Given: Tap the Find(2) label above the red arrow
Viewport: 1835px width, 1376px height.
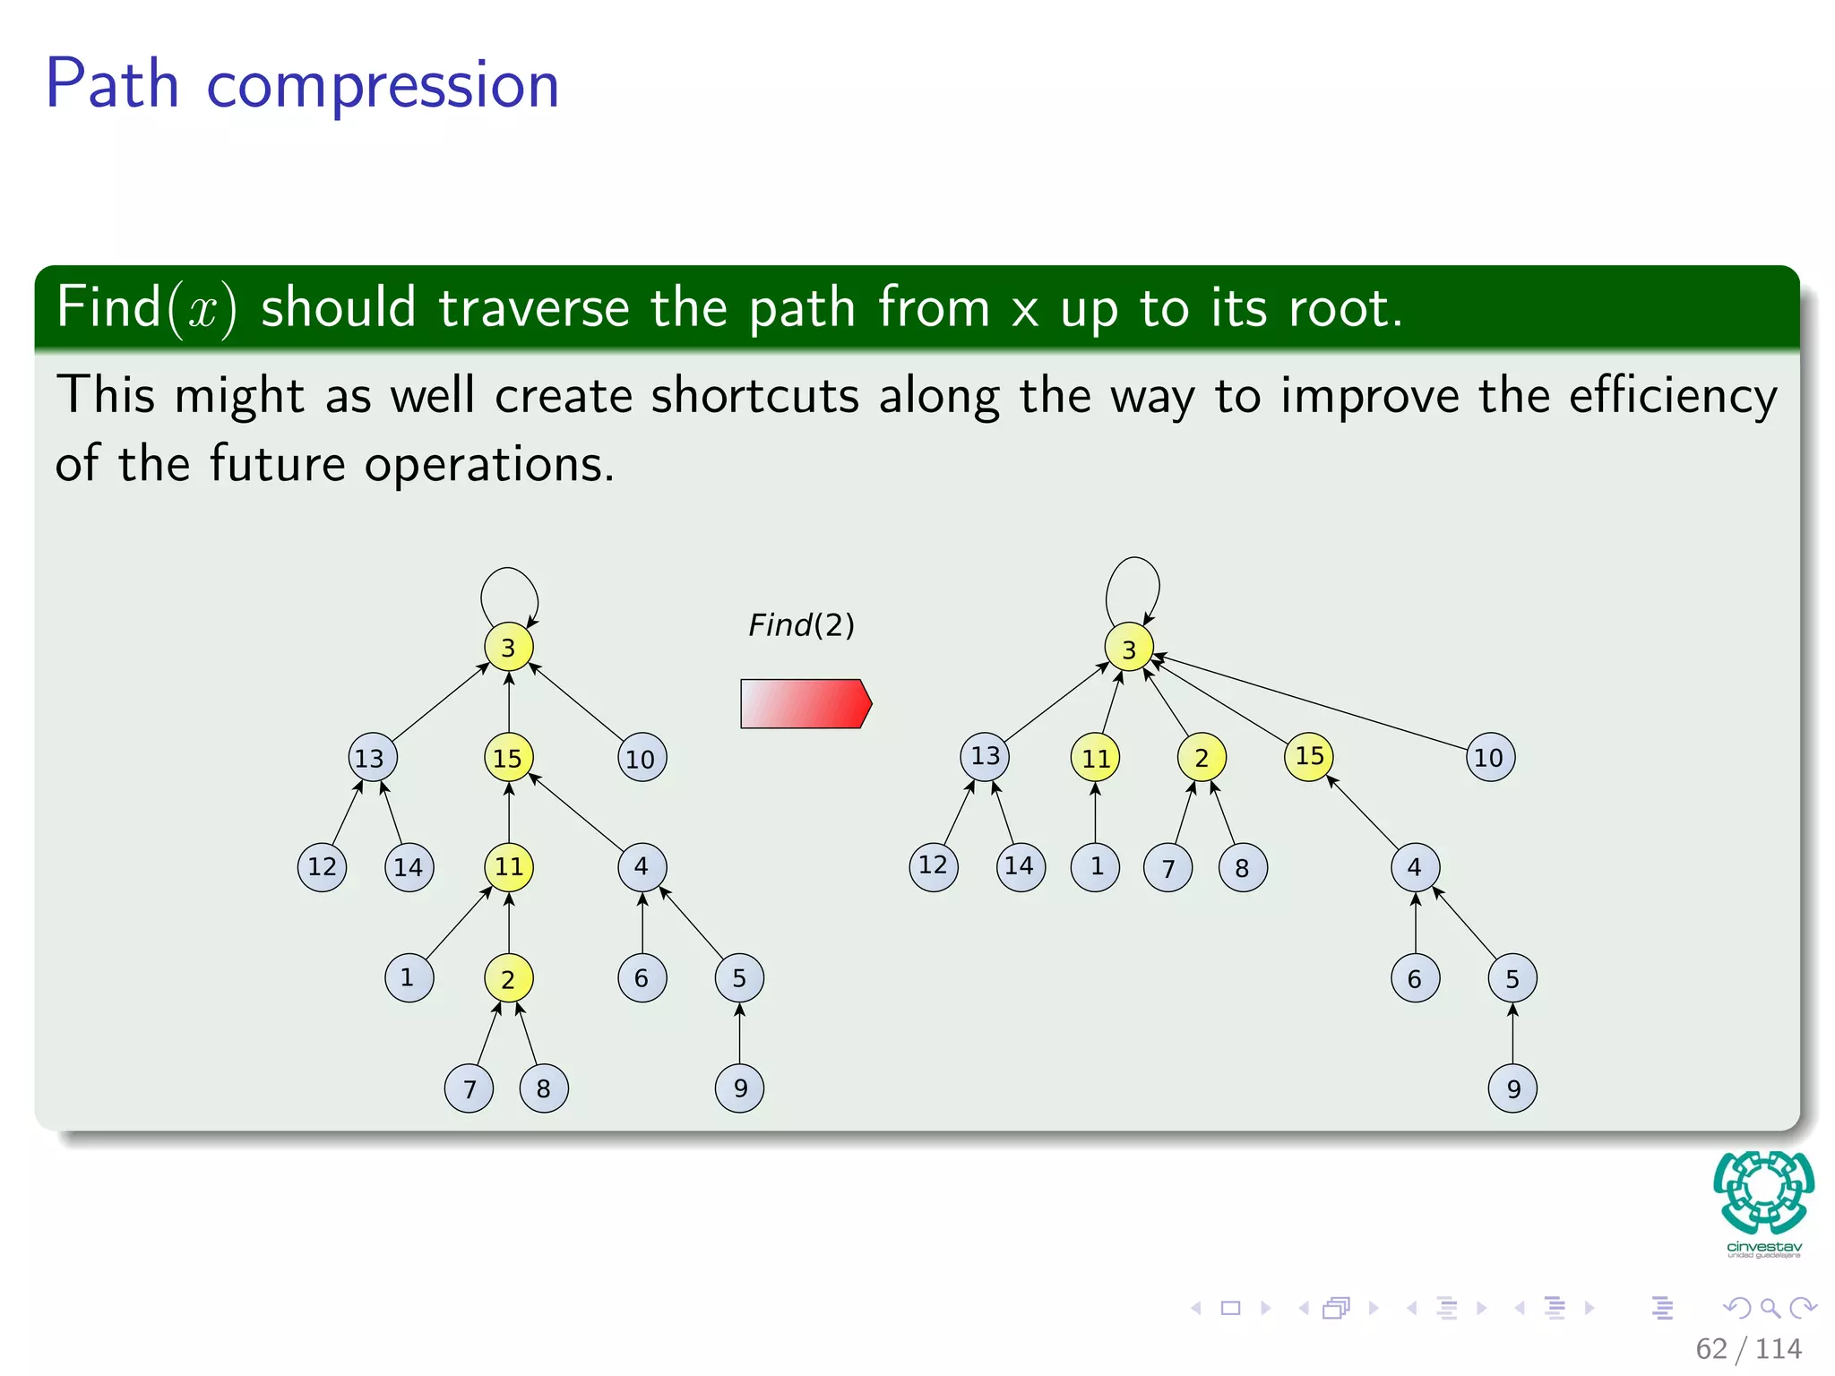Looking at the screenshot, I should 801,625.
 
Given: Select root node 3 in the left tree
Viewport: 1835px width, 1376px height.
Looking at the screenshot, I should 509,647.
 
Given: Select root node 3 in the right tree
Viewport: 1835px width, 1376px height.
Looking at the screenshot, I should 1129,649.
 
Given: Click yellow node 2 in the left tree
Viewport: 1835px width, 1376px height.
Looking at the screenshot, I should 509,978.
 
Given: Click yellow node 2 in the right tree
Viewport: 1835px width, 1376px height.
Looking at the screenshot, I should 1202,758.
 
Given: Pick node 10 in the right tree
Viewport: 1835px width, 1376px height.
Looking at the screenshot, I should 1489,758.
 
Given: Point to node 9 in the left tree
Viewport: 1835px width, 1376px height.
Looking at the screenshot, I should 740,1088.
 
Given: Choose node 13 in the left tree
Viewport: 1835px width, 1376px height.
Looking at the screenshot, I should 371,758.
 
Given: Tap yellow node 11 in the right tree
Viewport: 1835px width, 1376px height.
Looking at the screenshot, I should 1095,758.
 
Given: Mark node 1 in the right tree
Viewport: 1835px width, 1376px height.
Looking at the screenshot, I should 1095,867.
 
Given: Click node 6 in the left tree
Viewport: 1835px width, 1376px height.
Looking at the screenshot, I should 642,978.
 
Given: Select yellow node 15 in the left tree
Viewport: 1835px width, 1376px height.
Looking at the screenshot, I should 509,758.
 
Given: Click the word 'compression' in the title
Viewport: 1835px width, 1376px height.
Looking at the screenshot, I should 383,85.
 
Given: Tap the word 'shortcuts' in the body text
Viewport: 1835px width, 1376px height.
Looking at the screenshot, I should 754,396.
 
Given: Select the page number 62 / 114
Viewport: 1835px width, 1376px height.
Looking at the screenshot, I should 1748,1348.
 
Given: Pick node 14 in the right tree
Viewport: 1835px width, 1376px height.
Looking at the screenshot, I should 1020,867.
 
